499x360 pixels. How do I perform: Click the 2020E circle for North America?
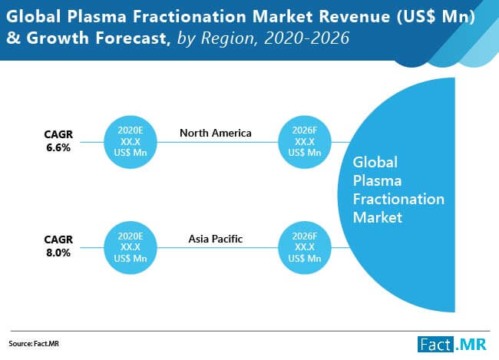131,142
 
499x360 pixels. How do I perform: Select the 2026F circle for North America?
305,142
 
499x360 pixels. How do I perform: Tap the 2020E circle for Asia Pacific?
131,248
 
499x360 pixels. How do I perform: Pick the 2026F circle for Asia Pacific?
305,248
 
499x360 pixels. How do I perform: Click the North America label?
216,133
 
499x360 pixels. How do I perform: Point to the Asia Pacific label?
216,239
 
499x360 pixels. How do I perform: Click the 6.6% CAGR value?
58,147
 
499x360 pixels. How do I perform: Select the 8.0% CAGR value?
58,253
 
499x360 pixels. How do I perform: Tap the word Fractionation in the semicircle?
398,200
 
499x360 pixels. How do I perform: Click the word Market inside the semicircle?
378,218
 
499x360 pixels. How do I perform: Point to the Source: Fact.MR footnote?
34,344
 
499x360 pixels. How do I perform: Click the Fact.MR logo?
452,345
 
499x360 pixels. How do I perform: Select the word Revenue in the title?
355,17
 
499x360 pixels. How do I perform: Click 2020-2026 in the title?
307,38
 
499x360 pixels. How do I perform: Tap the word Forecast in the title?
131,38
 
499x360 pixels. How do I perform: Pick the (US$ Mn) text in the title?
436,17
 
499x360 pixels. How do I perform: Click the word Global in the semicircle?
375,162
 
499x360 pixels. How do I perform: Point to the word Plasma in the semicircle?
377,181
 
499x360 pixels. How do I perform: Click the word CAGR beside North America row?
58,134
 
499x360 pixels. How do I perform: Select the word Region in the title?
228,38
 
